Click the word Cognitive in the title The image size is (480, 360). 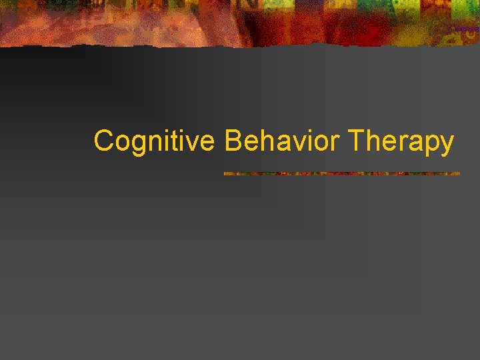tap(154, 141)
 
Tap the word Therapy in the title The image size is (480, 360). tap(401, 141)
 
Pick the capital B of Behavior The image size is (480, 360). tap(233, 141)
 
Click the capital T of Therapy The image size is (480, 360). tap(355, 141)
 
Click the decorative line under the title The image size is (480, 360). tap(341, 174)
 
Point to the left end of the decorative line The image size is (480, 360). tap(225, 174)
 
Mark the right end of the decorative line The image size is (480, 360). tap(459, 174)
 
